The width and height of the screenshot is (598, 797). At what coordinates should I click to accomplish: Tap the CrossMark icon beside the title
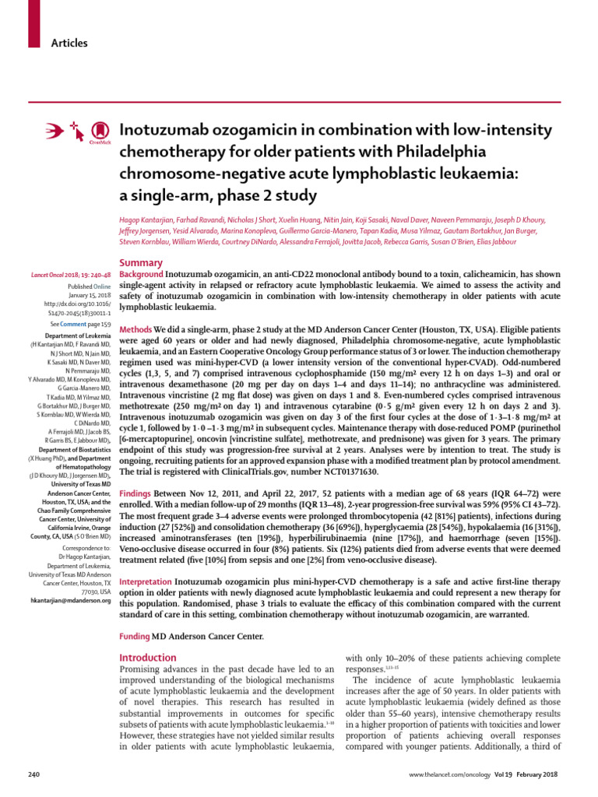pyautogui.click(x=99, y=131)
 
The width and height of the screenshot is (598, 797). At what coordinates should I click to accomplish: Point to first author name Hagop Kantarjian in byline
pyautogui.click(x=153, y=221)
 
